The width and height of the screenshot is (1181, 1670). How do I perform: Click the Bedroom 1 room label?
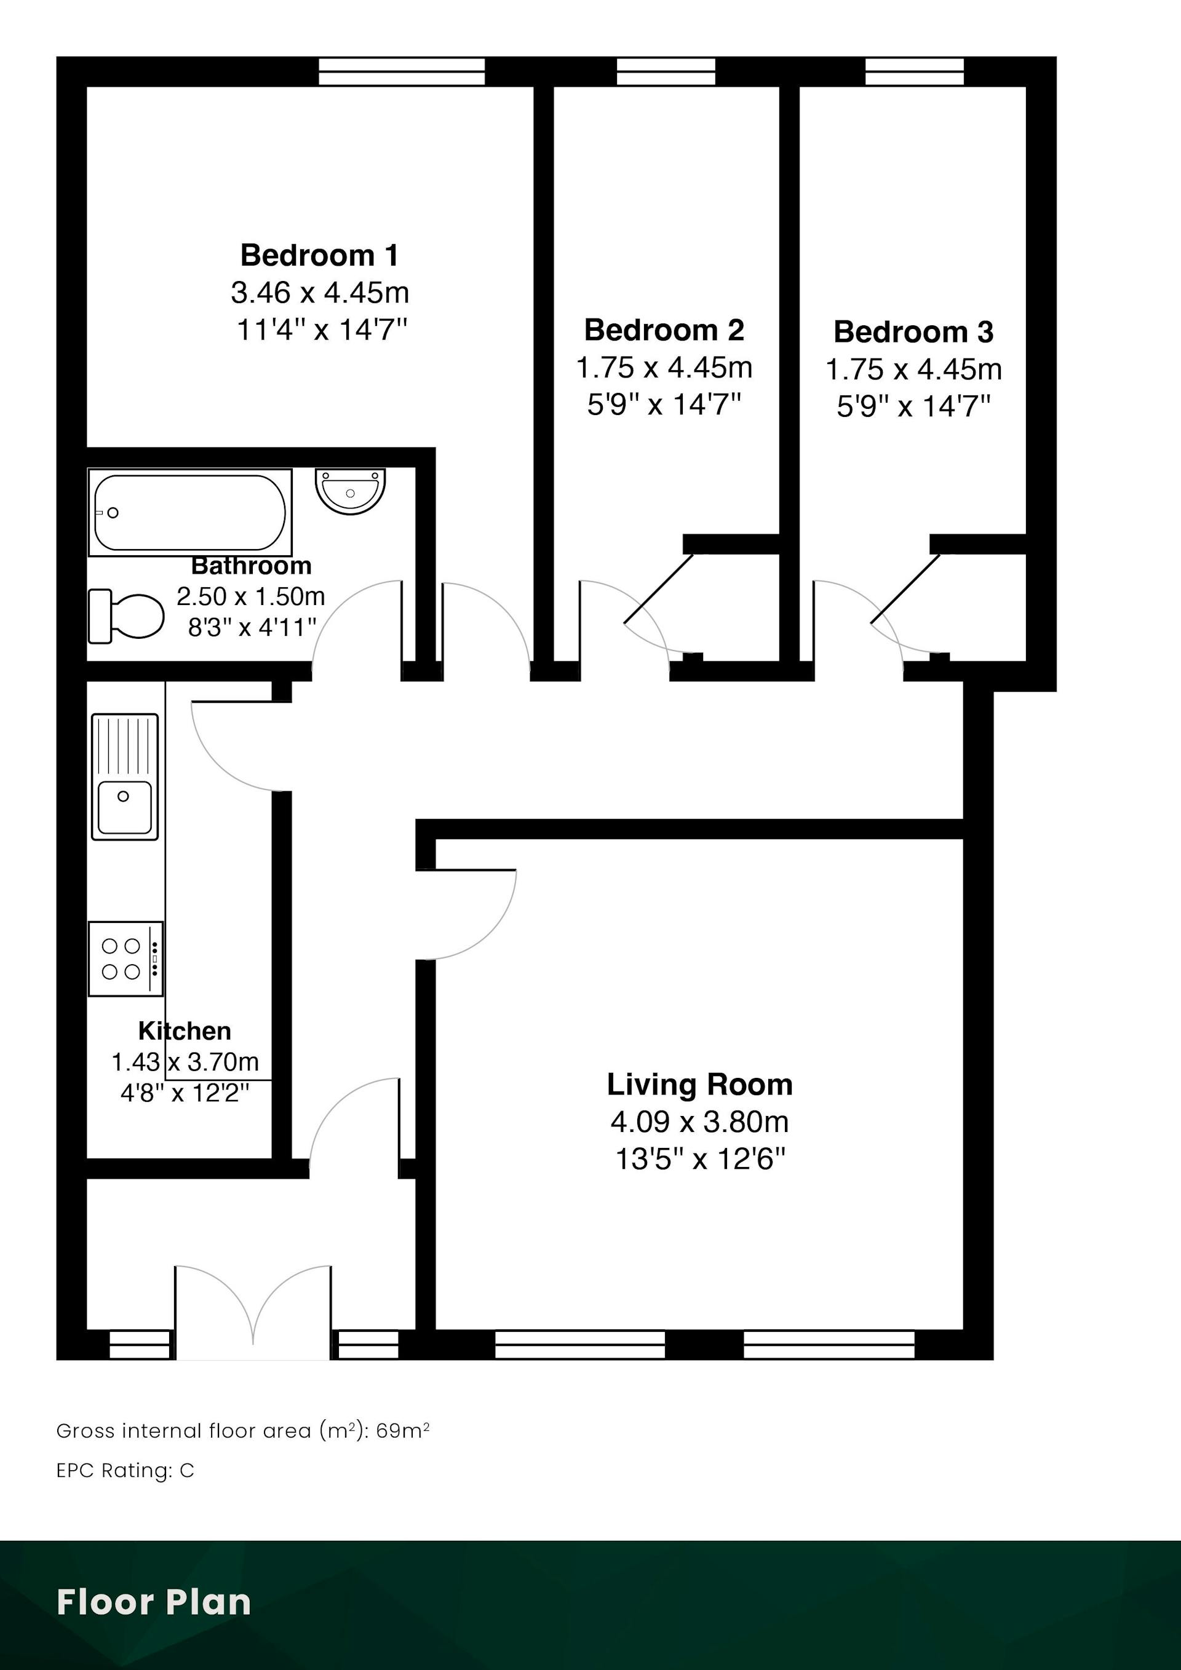(x=319, y=255)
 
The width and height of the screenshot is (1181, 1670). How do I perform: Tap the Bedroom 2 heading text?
(x=664, y=330)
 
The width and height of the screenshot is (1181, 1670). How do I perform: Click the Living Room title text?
(x=699, y=1085)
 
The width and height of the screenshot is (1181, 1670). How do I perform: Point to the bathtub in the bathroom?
(x=190, y=512)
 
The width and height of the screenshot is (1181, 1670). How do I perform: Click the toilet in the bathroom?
(x=126, y=616)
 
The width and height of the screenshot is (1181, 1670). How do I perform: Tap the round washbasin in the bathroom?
(x=350, y=491)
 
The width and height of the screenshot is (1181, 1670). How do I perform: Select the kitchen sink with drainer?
(x=124, y=777)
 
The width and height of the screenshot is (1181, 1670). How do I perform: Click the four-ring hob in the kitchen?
(x=125, y=959)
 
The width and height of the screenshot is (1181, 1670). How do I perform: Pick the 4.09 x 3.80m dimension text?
(x=699, y=1122)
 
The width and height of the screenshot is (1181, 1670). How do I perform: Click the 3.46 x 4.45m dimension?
(x=319, y=293)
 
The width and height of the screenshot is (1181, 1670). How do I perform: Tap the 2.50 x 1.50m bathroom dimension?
(x=250, y=596)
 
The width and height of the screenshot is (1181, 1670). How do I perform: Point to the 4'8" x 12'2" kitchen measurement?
(x=184, y=1093)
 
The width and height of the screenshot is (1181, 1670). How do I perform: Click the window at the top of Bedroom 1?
(x=402, y=72)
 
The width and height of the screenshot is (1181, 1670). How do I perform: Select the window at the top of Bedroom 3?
(x=914, y=72)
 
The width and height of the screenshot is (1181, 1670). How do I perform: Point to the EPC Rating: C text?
(x=125, y=1471)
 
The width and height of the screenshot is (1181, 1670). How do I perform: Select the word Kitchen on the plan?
(x=185, y=1031)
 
